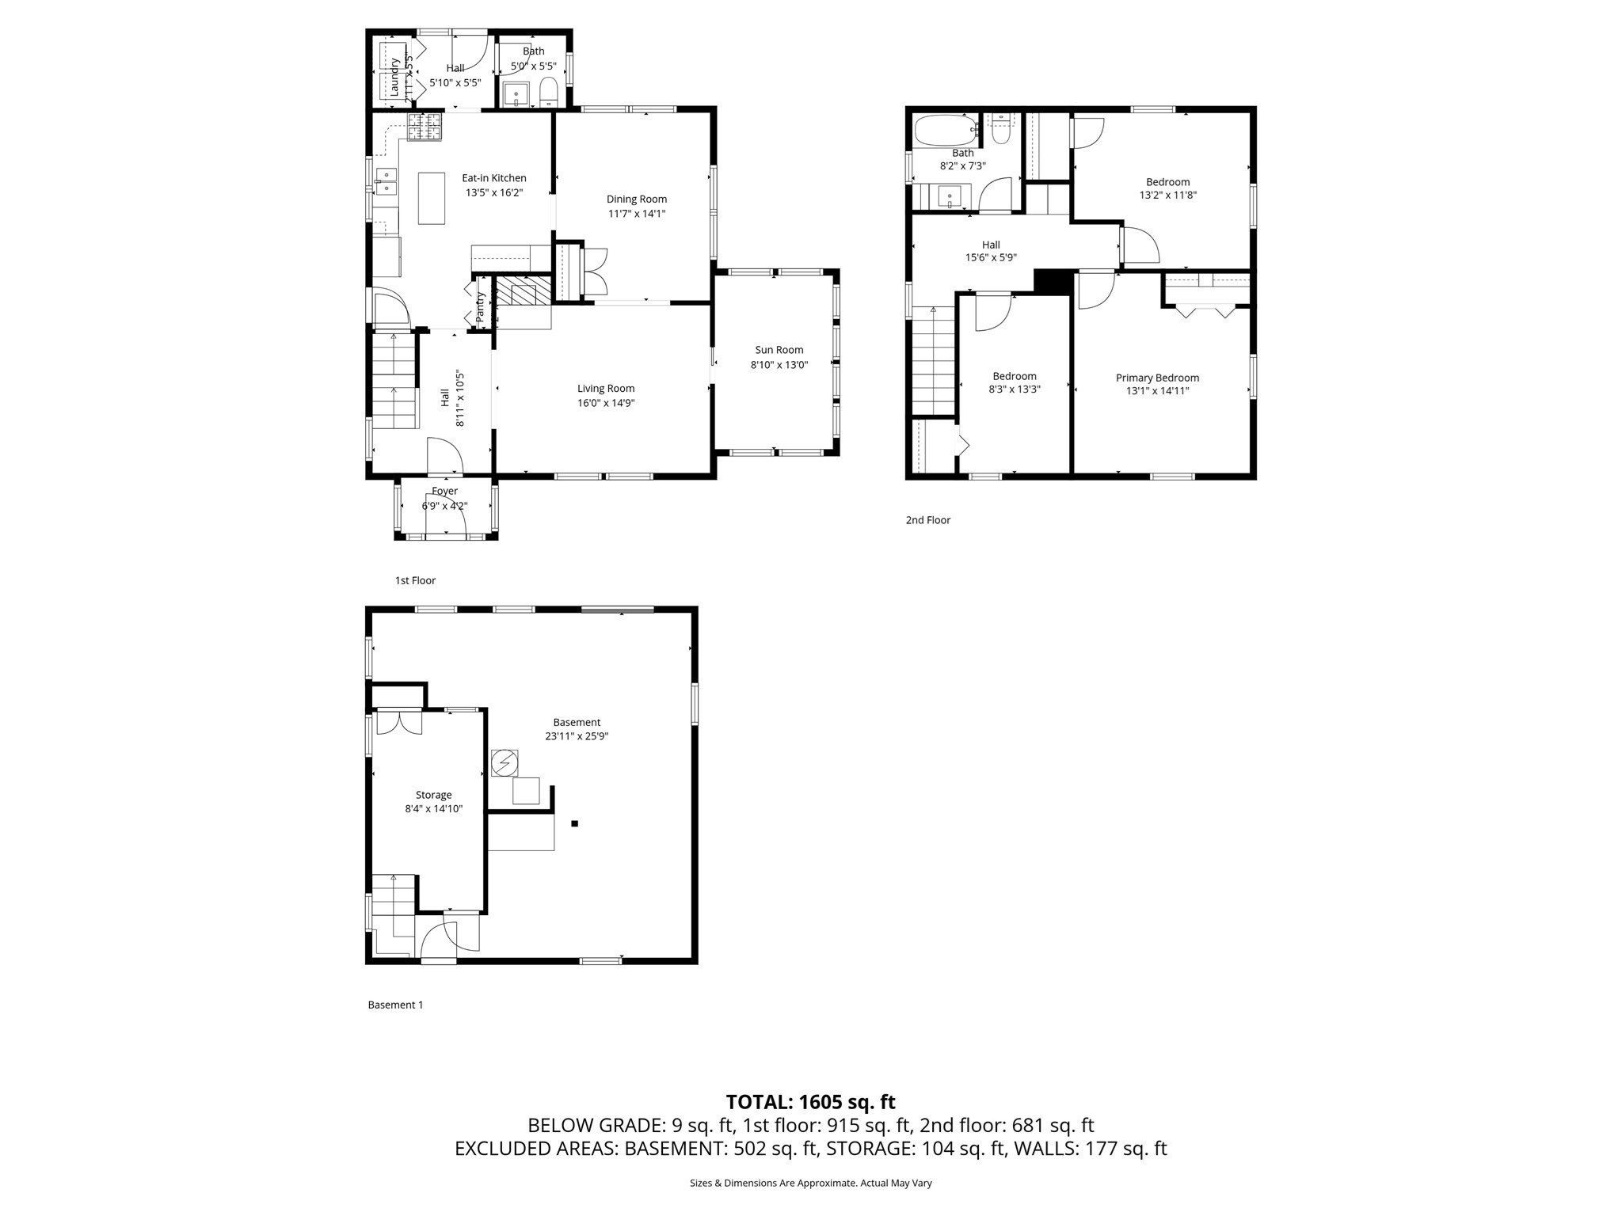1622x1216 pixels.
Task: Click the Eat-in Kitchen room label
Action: coord(493,178)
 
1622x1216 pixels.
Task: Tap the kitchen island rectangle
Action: coord(432,198)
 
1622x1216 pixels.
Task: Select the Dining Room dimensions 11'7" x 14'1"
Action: coord(637,213)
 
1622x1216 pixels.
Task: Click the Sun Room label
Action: coord(779,350)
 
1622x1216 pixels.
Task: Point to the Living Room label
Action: coord(605,389)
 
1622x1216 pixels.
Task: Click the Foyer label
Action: coord(444,492)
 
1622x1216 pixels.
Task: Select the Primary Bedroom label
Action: coord(1157,378)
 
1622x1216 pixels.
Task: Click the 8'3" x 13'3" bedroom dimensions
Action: coord(1014,389)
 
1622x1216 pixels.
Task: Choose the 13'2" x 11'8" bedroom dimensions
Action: coord(1167,195)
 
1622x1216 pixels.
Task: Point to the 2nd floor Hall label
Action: coord(991,245)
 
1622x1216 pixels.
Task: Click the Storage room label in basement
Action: coord(433,795)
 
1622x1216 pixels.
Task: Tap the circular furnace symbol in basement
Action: coord(504,763)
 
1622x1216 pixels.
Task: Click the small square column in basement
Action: coord(575,824)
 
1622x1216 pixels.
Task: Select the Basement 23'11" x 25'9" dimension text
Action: coord(577,736)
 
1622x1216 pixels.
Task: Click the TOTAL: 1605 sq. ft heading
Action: coord(810,1102)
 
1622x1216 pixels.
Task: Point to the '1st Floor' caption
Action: coord(415,580)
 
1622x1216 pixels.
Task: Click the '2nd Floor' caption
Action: coord(927,520)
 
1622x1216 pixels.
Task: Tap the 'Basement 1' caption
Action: coord(395,1005)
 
